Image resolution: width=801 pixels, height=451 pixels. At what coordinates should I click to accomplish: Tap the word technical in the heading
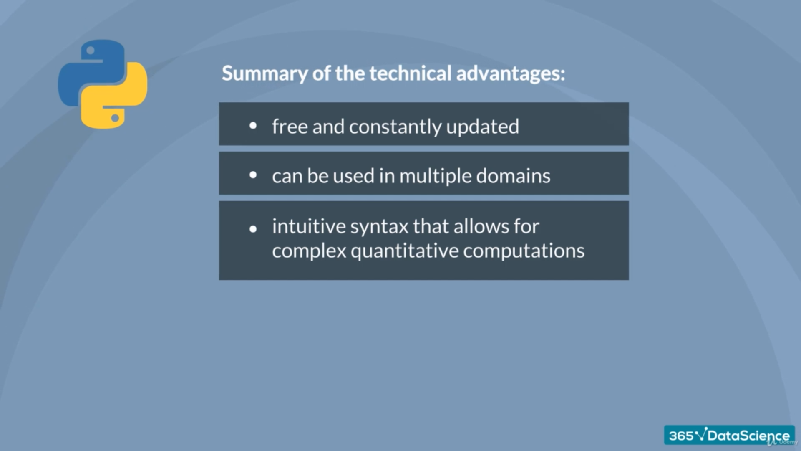411,73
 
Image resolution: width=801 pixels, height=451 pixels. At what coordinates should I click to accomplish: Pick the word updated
483,127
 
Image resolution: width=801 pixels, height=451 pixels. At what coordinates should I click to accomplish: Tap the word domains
513,176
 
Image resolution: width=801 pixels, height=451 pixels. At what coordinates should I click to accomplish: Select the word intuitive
309,226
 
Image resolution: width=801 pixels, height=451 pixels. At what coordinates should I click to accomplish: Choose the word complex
309,251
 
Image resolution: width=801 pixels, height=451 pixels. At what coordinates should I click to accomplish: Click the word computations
524,251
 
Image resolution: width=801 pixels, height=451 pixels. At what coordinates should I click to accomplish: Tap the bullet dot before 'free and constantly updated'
253,126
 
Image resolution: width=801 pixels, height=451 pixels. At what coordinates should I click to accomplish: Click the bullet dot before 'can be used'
253,175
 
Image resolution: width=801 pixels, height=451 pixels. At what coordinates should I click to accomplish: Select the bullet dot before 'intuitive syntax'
253,228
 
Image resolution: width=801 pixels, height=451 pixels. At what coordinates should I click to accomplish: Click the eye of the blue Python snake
91,51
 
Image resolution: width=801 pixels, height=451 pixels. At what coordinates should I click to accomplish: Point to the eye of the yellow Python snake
115,118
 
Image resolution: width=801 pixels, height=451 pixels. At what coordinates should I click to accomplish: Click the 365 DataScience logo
729,436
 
